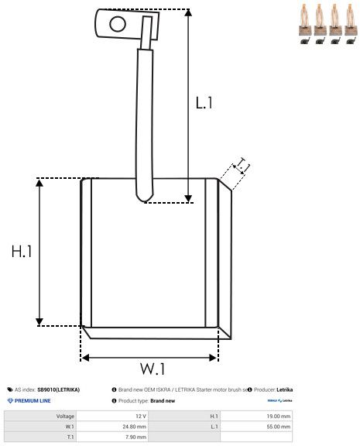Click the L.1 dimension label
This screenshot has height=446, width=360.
tap(204, 102)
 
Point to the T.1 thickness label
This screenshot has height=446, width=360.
tap(243, 165)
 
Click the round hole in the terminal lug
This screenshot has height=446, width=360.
tap(117, 23)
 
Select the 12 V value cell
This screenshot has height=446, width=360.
tap(140, 416)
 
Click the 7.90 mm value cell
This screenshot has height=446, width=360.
tap(136, 436)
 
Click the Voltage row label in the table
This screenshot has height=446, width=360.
tap(65, 416)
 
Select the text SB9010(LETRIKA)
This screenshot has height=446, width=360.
tap(59, 389)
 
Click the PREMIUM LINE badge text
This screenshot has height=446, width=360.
tap(33, 401)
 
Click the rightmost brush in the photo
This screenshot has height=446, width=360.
tap(350, 23)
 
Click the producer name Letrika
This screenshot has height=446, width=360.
tap(283, 389)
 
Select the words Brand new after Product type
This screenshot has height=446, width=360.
tap(163, 401)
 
